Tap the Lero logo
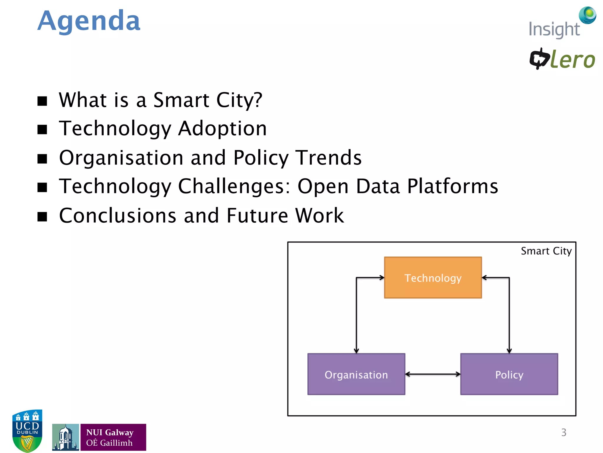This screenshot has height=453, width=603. click(x=562, y=59)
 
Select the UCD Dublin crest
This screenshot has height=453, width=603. click(x=27, y=431)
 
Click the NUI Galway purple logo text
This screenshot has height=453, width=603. click(x=113, y=437)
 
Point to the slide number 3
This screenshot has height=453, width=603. click(x=564, y=432)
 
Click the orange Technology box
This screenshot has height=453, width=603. click(x=433, y=278)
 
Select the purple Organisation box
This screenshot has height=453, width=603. click(x=356, y=374)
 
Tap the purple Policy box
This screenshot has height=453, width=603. click(x=509, y=374)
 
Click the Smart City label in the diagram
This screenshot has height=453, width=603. click(x=546, y=251)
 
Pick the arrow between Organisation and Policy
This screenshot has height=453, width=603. click(x=433, y=374)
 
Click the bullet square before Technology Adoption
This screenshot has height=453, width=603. click(x=42, y=129)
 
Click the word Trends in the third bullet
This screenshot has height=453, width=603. click(x=328, y=157)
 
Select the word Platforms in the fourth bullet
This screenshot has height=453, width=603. click(x=453, y=186)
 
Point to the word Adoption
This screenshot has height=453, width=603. click(x=222, y=128)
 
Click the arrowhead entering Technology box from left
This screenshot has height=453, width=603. click(x=382, y=278)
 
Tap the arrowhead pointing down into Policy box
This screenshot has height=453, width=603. click(x=509, y=351)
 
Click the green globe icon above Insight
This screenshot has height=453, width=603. click(x=588, y=15)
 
